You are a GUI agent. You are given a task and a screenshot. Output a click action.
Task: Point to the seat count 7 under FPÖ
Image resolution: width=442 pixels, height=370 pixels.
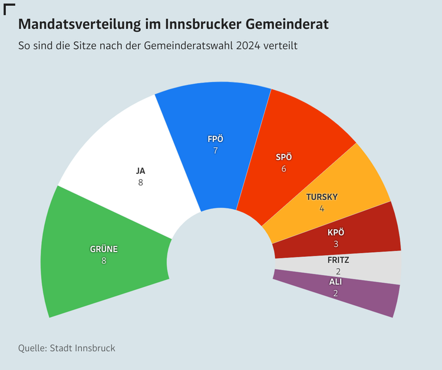(x=216, y=151)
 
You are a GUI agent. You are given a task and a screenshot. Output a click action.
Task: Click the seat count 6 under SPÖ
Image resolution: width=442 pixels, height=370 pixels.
(x=284, y=169)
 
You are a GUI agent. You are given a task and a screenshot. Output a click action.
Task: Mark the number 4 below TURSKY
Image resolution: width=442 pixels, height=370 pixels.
(x=322, y=209)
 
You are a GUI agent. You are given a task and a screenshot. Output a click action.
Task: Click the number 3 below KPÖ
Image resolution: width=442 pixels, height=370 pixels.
(x=336, y=244)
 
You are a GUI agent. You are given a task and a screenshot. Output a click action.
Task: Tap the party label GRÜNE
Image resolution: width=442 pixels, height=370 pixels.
(x=104, y=249)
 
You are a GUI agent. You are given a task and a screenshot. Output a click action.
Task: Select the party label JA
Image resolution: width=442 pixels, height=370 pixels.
(x=140, y=171)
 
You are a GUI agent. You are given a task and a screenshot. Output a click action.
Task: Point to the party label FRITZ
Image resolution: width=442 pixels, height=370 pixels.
(x=338, y=260)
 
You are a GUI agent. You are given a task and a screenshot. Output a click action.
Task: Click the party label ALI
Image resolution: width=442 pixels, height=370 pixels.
(x=335, y=282)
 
